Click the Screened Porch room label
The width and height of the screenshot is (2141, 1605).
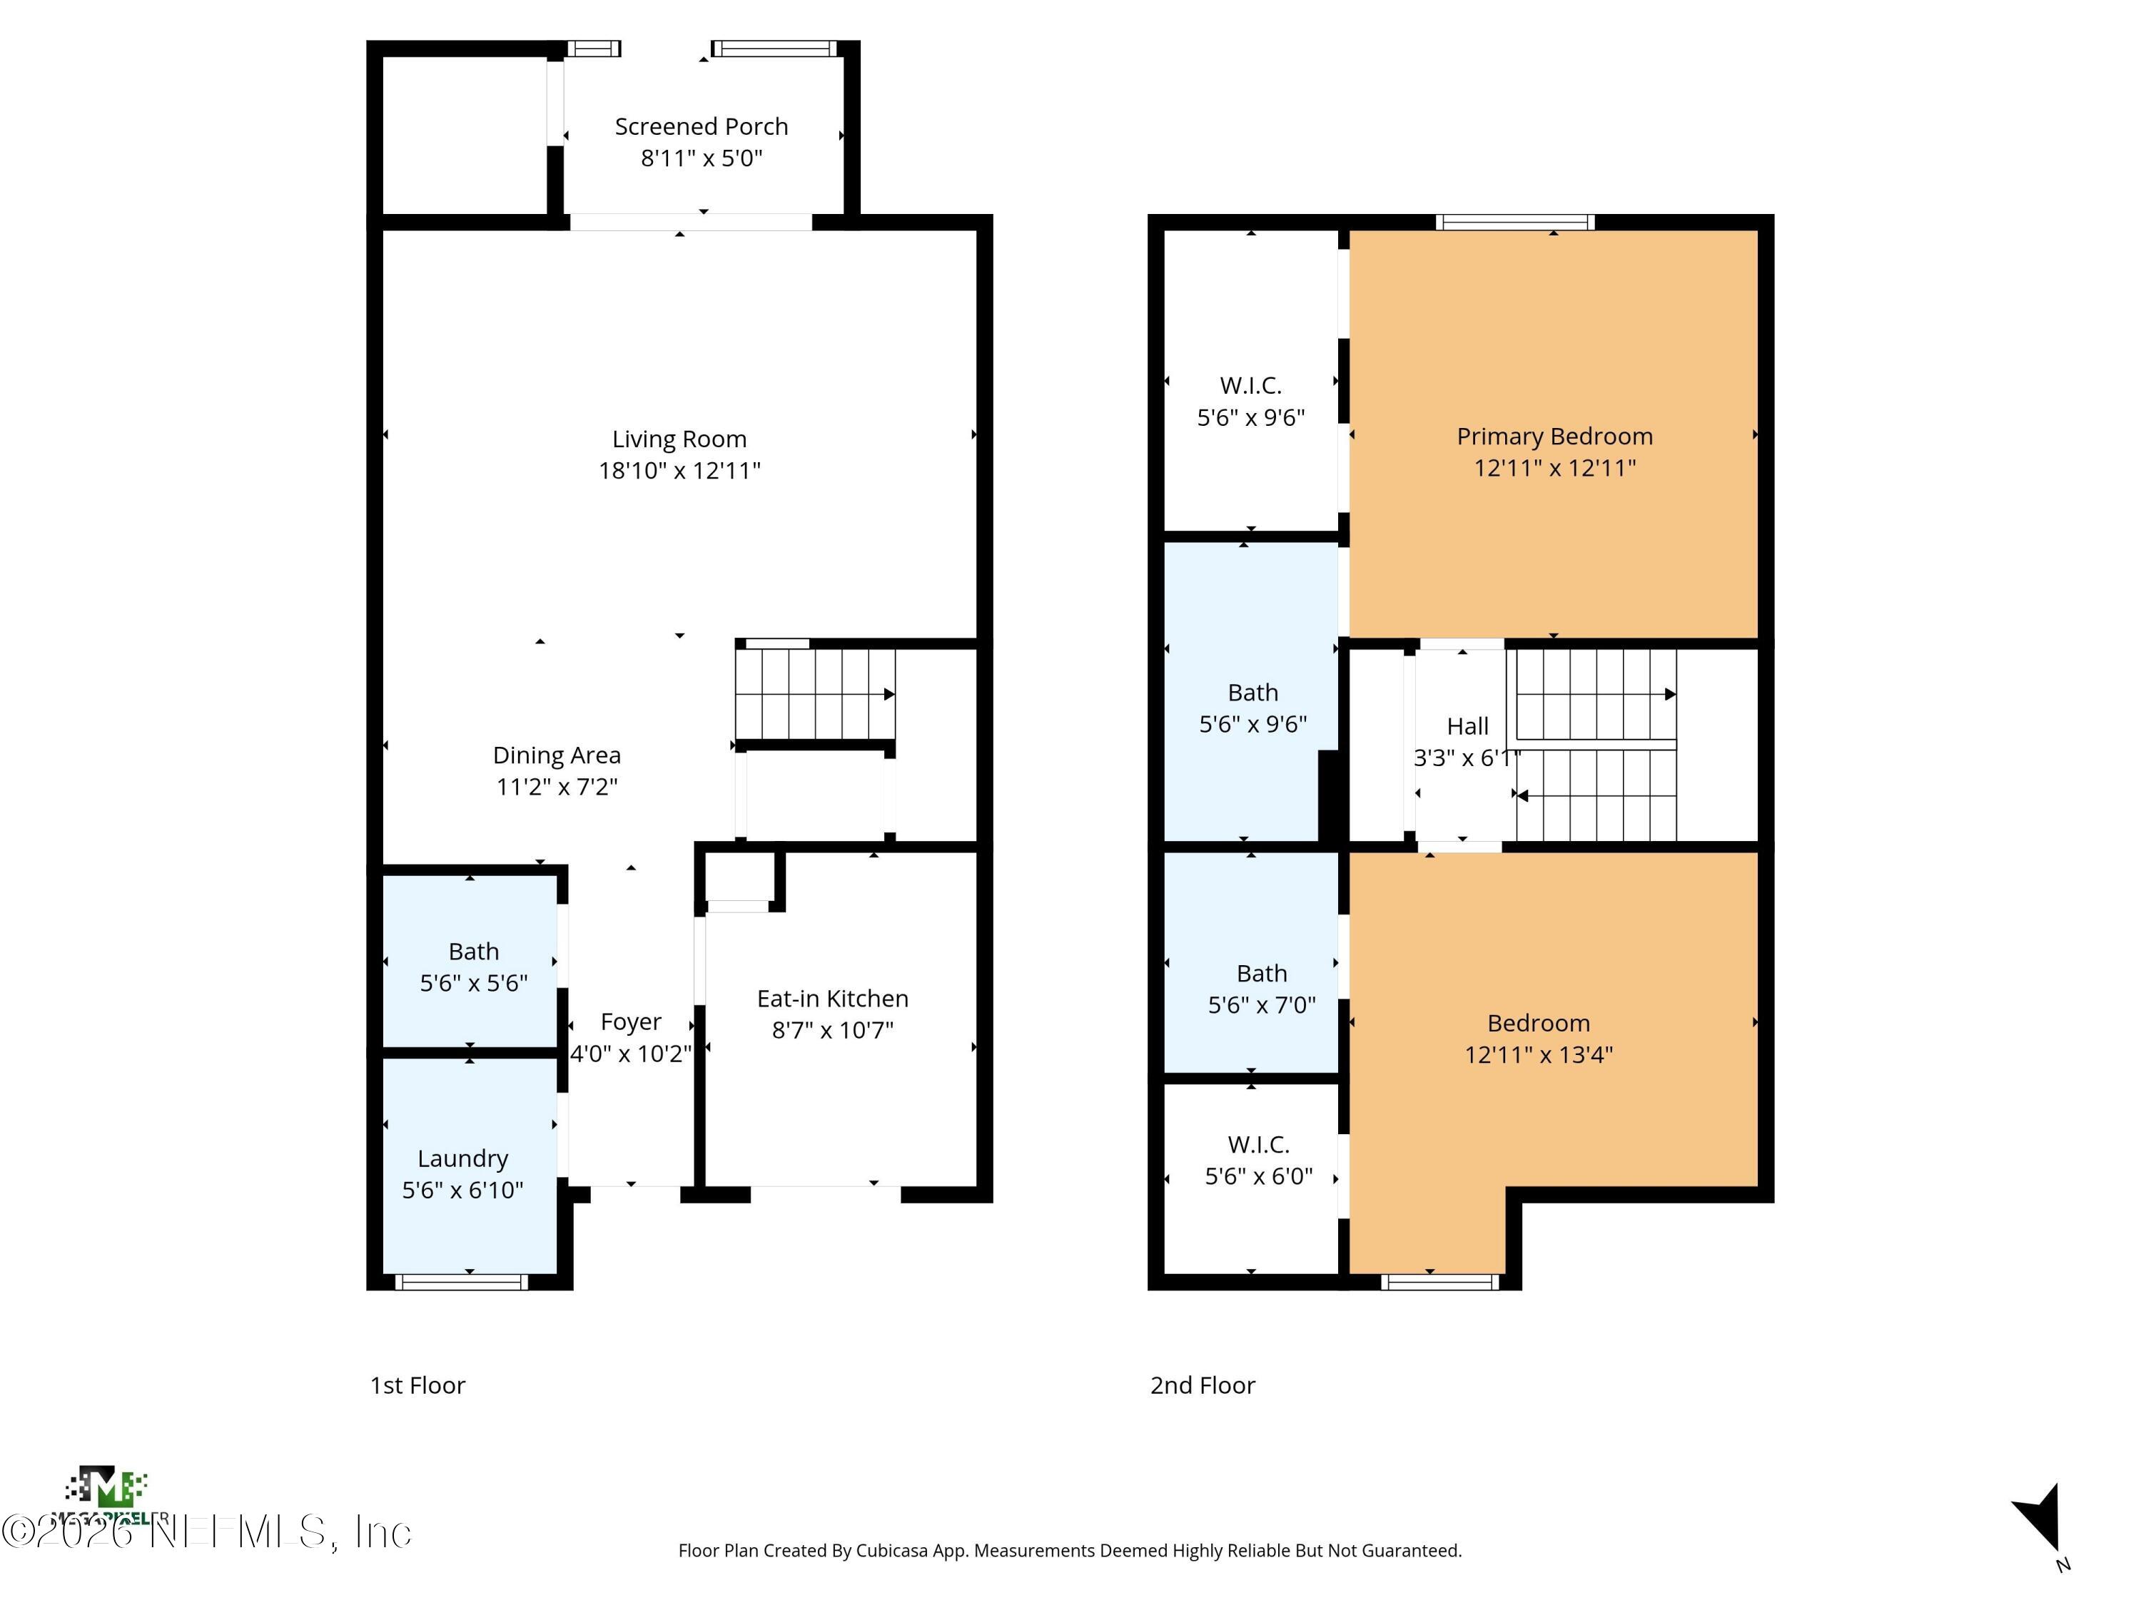coord(701,127)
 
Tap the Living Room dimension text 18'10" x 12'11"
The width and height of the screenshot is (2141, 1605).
coord(679,471)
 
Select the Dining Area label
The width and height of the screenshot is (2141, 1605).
coord(557,755)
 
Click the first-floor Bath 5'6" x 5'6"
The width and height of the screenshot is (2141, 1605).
coord(473,967)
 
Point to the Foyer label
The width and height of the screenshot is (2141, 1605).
coord(630,1023)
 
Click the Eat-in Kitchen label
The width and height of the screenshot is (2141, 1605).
coord(832,999)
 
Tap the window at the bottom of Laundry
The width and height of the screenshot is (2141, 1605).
coord(462,1282)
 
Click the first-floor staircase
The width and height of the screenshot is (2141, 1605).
coord(814,693)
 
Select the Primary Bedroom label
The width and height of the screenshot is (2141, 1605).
coord(1554,437)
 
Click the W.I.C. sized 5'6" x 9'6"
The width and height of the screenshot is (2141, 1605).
coord(1250,400)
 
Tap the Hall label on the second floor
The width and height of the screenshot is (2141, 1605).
coord(1467,727)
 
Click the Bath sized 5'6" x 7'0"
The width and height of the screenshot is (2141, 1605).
coord(1261,988)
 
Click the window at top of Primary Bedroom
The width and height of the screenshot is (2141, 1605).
coord(1515,223)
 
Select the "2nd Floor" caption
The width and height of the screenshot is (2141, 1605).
coord(1202,1385)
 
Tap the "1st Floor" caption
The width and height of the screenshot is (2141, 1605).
coord(417,1385)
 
